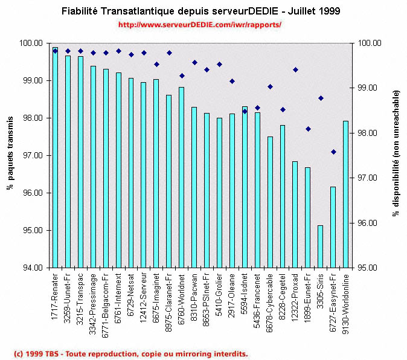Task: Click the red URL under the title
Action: click(x=200, y=25)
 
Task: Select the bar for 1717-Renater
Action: click(x=55, y=157)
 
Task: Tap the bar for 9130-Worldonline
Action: click(x=345, y=194)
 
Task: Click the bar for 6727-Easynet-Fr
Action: click(x=333, y=227)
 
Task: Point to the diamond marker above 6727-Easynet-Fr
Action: click(x=333, y=152)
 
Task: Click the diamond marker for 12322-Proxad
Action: click(x=295, y=69)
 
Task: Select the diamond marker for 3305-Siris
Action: click(x=321, y=98)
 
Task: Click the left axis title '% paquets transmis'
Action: click(x=10, y=155)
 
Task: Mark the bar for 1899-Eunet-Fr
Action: click(x=307, y=217)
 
